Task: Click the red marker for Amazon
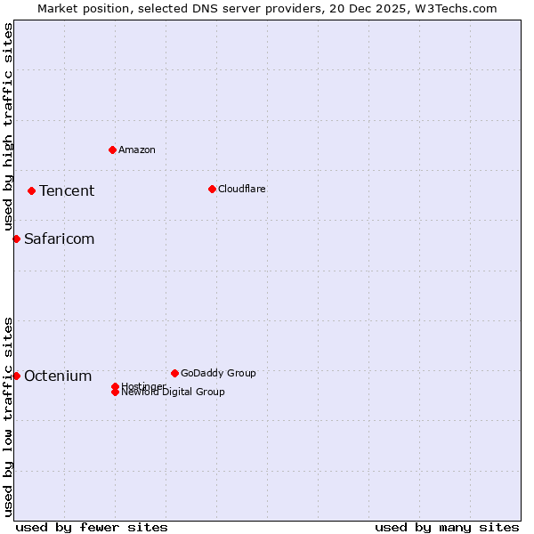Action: click(x=112, y=150)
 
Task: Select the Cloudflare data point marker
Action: click(x=212, y=189)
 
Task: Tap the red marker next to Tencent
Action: click(x=31, y=190)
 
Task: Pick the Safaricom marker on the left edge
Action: click(x=16, y=239)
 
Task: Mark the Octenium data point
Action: click(x=16, y=376)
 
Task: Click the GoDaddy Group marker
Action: click(x=174, y=373)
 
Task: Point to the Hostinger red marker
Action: click(x=116, y=386)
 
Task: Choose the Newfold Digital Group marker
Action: click(x=116, y=392)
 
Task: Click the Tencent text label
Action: click(x=67, y=190)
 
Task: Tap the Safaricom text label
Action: click(x=59, y=239)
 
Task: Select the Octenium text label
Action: click(x=58, y=376)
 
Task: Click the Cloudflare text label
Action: click(x=242, y=189)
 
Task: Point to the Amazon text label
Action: click(x=137, y=150)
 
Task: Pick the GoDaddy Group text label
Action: click(x=218, y=373)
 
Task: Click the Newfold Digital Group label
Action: click(x=174, y=392)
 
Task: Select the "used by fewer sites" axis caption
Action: click(x=92, y=527)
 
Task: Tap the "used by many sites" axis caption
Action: click(x=447, y=527)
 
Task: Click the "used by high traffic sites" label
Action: click(x=8, y=126)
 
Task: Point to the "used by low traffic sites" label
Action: click(x=8, y=417)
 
